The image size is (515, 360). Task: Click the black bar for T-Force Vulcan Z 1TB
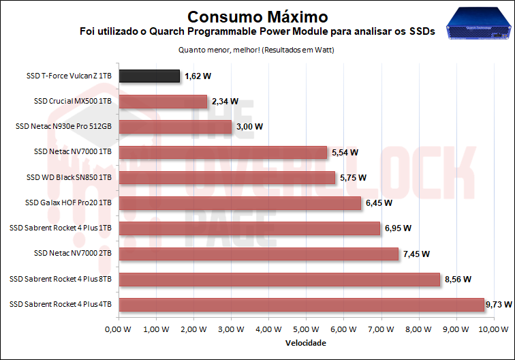coord(149,76)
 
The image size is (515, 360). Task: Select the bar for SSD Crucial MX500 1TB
coord(163,102)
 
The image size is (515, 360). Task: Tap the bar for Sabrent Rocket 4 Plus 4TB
coord(301,304)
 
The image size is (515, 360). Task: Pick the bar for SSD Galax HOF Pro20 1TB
coord(240,202)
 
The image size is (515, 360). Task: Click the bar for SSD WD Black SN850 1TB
coord(227,177)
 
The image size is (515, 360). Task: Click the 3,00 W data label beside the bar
coord(249,127)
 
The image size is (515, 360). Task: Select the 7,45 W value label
coord(416,254)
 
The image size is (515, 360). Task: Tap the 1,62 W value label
coord(198,76)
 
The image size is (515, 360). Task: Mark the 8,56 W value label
coord(458,279)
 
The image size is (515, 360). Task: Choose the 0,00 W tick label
coord(119,329)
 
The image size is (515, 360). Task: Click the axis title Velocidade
coord(306,342)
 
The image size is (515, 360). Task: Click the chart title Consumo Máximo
coord(257,16)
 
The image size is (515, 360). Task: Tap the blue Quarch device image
coord(477,25)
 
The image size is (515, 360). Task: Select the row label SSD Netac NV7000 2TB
coord(72,254)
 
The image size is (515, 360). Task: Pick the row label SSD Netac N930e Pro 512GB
coord(63,127)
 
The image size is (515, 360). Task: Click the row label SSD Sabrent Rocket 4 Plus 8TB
coord(61,279)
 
